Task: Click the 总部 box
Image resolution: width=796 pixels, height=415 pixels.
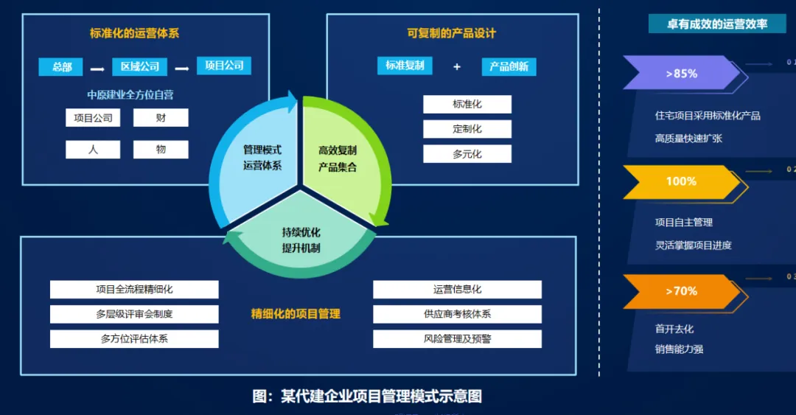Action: pyautogui.click(x=61, y=67)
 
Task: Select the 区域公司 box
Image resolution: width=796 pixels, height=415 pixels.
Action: pyautogui.click(x=140, y=66)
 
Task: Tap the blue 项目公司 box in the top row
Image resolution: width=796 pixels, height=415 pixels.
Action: pyautogui.click(x=224, y=66)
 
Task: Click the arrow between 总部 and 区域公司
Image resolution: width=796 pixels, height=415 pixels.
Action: pyautogui.click(x=97, y=69)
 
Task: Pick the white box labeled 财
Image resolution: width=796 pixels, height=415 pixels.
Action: pyautogui.click(x=161, y=118)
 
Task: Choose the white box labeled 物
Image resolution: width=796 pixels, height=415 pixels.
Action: pyautogui.click(x=161, y=150)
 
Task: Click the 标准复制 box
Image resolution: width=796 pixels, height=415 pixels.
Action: pyautogui.click(x=405, y=66)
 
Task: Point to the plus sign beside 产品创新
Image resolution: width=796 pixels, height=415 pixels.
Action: pyautogui.click(x=457, y=66)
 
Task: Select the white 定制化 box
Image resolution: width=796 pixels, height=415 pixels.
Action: pyautogui.click(x=467, y=129)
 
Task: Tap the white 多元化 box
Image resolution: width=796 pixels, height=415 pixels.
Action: pyautogui.click(x=467, y=154)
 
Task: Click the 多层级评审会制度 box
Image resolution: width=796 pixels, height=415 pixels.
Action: pyautogui.click(x=134, y=314)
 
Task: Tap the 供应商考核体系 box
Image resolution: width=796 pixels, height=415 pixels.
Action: pyautogui.click(x=457, y=314)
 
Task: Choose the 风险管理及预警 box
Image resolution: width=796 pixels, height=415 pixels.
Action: pyautogui.click(x=457, y=339)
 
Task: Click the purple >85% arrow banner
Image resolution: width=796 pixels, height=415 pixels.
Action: pyautogui.click(x=680, y=73)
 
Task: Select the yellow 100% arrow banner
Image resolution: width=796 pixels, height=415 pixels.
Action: pyautogui.click(x=680, y=181)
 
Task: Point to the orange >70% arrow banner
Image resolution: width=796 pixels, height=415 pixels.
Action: pyautogui.click(x=680, y=291)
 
